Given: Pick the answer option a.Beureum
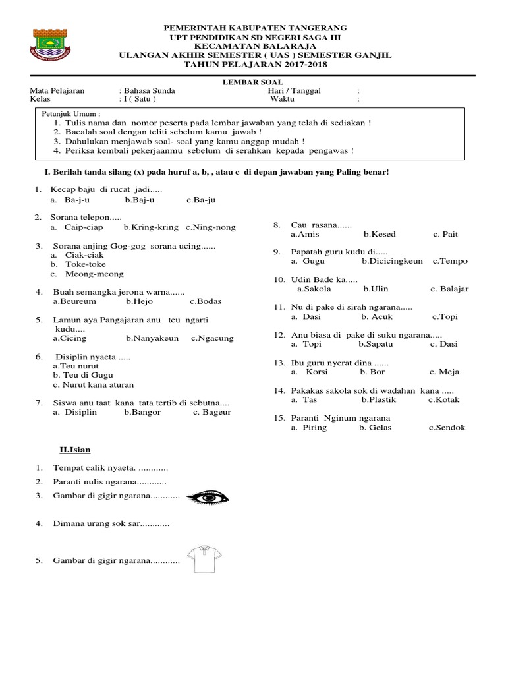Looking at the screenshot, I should [74, 301].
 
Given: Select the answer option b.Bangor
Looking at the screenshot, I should [142, 412].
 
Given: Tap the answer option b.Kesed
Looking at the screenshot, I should [379, 234].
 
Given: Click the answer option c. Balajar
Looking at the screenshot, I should [449, 289].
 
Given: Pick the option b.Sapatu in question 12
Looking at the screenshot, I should [376, 344].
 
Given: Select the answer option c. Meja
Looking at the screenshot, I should [444, 372].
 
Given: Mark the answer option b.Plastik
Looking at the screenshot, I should [378, 399].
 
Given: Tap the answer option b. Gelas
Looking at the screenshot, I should [375, 427].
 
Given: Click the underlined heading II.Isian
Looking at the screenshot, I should [75, 450].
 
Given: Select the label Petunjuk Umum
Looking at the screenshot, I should [72, 114].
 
